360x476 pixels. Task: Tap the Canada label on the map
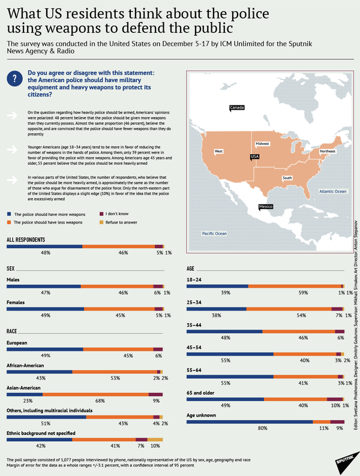[x=237, y=108]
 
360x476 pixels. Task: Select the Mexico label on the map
[x=267, y=207]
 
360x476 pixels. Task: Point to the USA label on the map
[x=254, y=157]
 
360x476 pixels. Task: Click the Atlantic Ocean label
[x=333, y=191]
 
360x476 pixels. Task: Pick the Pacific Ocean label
[x=214, y=233]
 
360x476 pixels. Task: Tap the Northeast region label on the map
[x=327, y=152]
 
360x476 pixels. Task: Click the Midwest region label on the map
[x=263, y=144]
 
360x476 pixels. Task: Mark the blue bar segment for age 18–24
[x=217, y=285]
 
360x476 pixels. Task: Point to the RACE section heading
[x=11, y=331]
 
